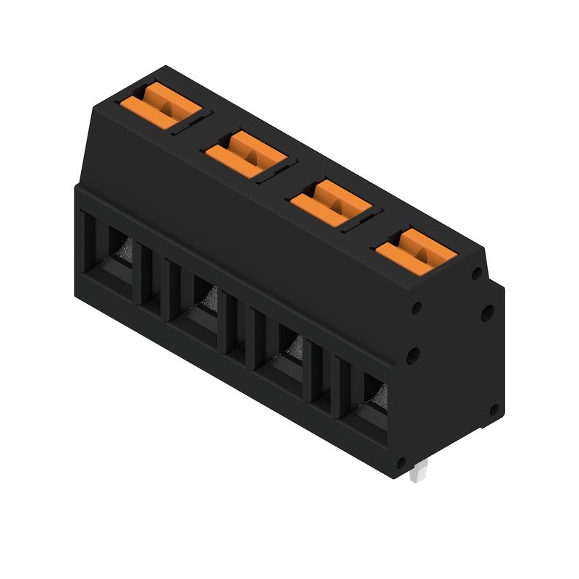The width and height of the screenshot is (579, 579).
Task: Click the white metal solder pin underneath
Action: [x=418, y=474]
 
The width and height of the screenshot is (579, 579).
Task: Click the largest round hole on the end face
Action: [x=488, y=313]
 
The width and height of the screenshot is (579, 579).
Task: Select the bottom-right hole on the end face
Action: [x=494, y=410]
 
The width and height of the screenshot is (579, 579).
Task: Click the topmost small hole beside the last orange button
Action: [x=476, y=274]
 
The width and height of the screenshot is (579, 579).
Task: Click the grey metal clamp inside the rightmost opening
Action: [x=380, y=396]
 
